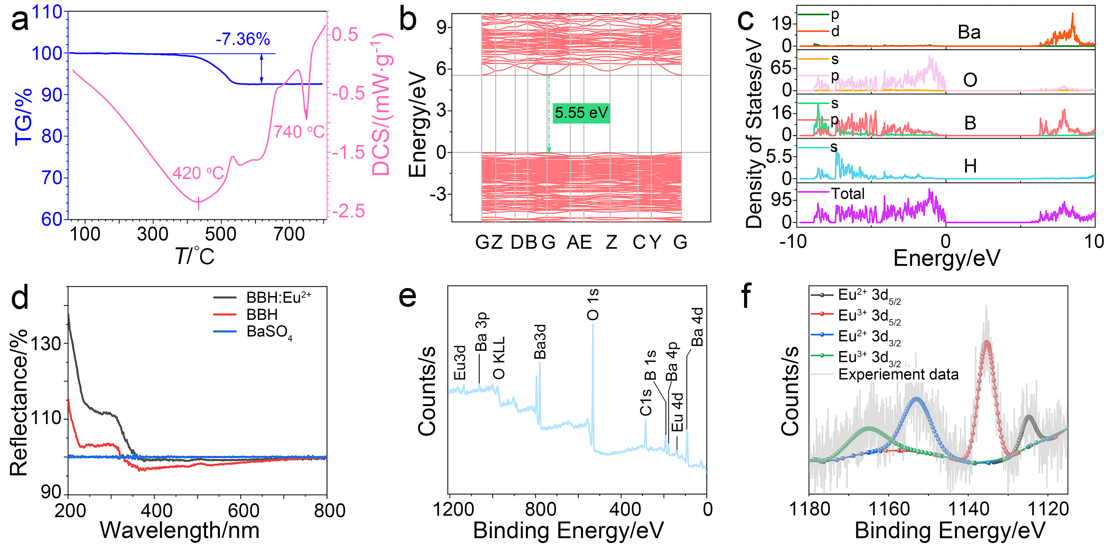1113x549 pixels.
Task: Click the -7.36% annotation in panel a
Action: click(x=243, y=39)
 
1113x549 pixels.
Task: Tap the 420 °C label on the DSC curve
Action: click(x=198, y=173)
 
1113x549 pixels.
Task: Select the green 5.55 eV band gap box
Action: click(x=581, y=113)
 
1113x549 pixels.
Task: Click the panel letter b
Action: click(x=407, y=20)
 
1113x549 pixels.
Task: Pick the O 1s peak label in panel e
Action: click(x=593, y=304)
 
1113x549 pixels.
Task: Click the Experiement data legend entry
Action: click(x=898, y=374)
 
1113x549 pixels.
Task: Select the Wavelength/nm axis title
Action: click(x=180, y=530)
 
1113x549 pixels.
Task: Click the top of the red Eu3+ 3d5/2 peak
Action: click(x=986, y=342)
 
